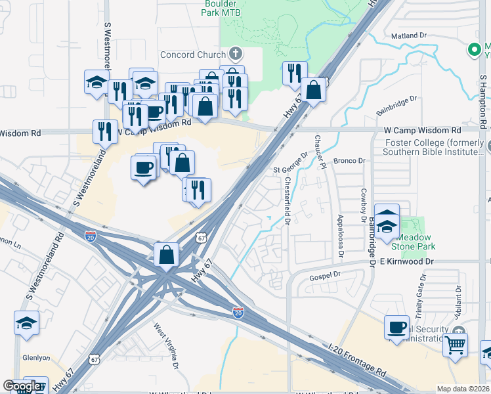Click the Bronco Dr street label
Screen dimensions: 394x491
(x=349, y=161)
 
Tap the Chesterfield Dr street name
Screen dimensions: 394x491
(x=288, y=202)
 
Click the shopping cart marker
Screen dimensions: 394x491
(x=455, y=343)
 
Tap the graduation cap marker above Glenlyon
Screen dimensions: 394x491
(x=27, y=323)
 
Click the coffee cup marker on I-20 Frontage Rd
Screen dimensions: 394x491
(x=397, y=328)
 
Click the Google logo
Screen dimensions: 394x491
(x=22, y=387)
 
